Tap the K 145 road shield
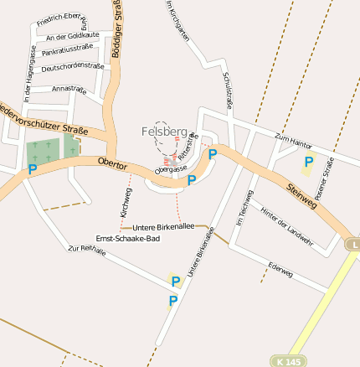pyautogui.click(x=287, y=361)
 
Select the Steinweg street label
pyautogui.click(x=302, y=197)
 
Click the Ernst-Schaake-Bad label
pyautogui.click(x=128, y=238)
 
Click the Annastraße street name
pyautogui.click(x=69, y=88)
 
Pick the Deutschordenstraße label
pyautogui.click(x=72, y=67)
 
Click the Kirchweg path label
pyautogui.click(x=126, y=203)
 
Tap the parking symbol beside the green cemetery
pyautogui.click(x=33, y=168)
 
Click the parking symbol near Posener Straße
pyautogui.click(x=308, y=162)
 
